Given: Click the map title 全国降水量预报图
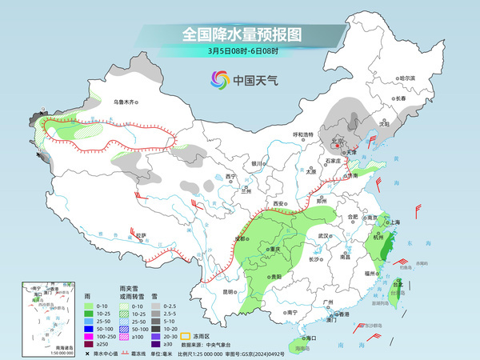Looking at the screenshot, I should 239,34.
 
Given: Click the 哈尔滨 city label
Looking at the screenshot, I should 407,78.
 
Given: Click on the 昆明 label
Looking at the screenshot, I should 229,291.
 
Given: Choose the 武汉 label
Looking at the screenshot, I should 324,236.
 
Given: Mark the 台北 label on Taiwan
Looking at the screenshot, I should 397,283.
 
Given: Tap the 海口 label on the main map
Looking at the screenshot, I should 310,338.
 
